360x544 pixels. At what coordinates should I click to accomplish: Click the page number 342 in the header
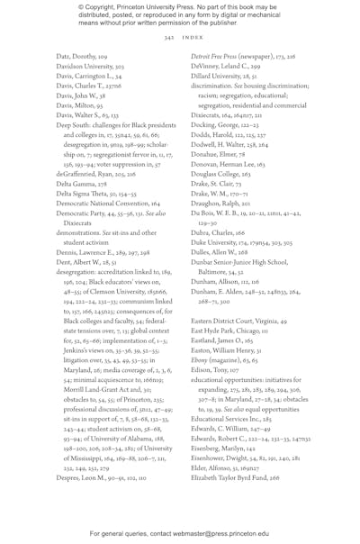pyautogui.click(x=168, y=38)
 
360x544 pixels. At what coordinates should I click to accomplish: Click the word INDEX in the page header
pyautogui.click(x=193, y=38)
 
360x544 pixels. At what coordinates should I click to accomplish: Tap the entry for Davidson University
pyautogui.click(x=90, y=66)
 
